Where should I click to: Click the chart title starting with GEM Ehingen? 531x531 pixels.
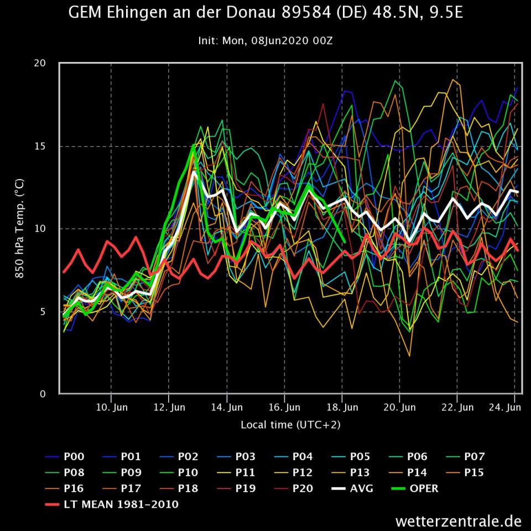(x=265, y=13)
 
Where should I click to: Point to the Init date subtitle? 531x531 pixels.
(x=265, y=41)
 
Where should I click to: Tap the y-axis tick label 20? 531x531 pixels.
(x=39, y=63)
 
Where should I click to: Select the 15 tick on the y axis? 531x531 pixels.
(x=39, y=146)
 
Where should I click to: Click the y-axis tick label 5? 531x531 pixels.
(x=42, y=311)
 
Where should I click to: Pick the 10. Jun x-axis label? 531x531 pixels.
(x=112, y=408)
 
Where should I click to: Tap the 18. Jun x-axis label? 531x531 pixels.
(x=342, y=408)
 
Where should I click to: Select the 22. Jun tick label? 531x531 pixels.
(x=457, y=408)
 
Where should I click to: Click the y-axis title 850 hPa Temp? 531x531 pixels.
(x=19, y=228)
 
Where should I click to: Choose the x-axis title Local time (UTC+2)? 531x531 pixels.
(x=290, y=425)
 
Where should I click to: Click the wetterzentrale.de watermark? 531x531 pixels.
(x=459, y=521)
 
